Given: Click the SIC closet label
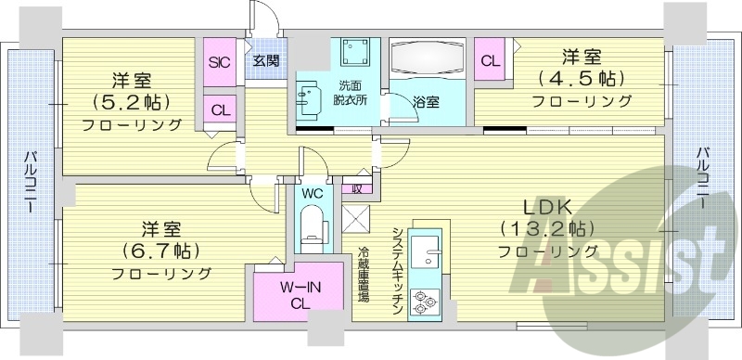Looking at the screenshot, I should (219, 63).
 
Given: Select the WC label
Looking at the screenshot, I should (311, 194).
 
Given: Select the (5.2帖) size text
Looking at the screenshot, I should (133, 101).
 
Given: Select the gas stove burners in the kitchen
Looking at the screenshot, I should (426, 301).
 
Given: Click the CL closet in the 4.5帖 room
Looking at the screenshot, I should (491, 61).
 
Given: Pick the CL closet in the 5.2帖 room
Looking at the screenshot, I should (220, 109).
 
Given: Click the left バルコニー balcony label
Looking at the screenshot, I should (30, 180).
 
